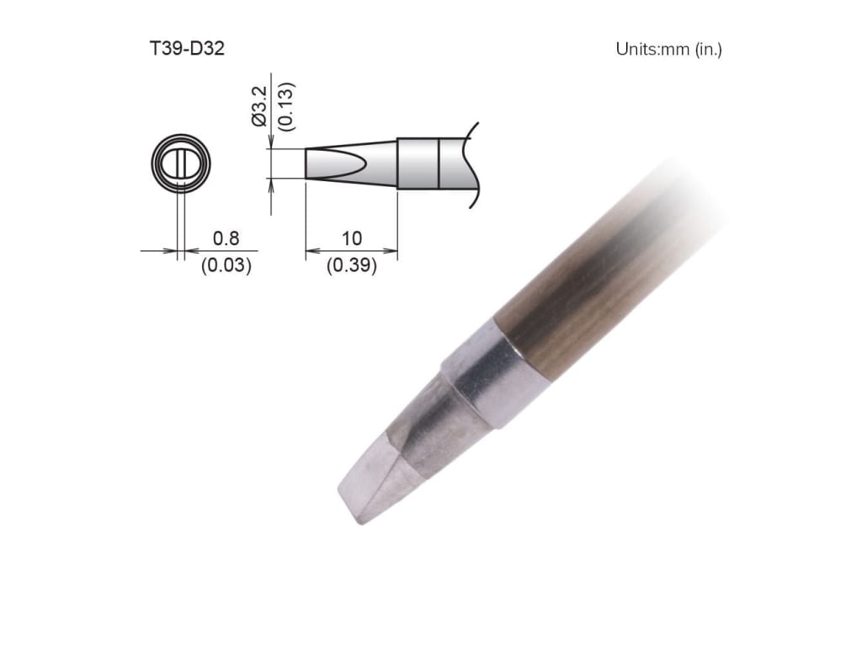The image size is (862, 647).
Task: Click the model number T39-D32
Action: pyautogui.click(x=186, y=49)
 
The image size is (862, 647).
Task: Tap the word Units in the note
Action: pyautogui.click(x=636, y=49)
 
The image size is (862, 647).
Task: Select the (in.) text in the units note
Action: pyautogui.click(x=708, y=49)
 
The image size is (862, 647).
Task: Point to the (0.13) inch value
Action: pyautogui.click(x=285, y=104)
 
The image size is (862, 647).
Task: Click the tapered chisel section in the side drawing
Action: pyautogui.click(x=349, y=163)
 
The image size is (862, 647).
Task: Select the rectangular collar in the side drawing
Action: pyautogui.click(x=418, y=163)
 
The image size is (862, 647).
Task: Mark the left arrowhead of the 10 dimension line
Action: pyautogui.click(x=309, y=250)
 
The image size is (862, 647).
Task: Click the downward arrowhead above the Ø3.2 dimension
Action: pyautogui.click(x=270, y=143)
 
